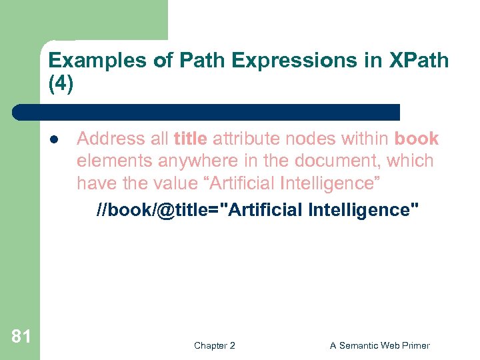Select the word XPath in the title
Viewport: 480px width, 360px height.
[419, 61]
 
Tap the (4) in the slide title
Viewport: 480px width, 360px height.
[61, 85]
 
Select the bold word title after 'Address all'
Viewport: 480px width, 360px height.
[191, 139]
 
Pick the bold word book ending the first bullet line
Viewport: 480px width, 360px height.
[417, 139]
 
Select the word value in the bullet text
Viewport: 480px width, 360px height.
[175, 183]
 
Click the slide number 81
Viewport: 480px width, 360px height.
[21, 336]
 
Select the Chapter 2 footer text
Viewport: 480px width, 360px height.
[214, 345]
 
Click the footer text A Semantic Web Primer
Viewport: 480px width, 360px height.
[379, 345]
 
